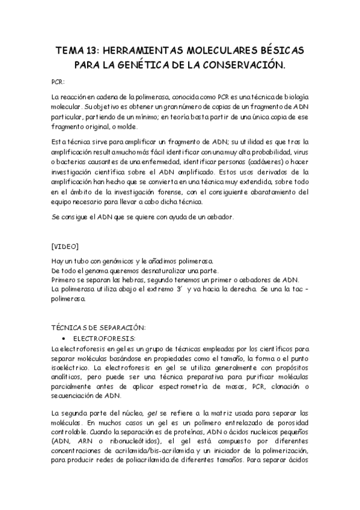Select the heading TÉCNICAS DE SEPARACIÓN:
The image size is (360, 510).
99,327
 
